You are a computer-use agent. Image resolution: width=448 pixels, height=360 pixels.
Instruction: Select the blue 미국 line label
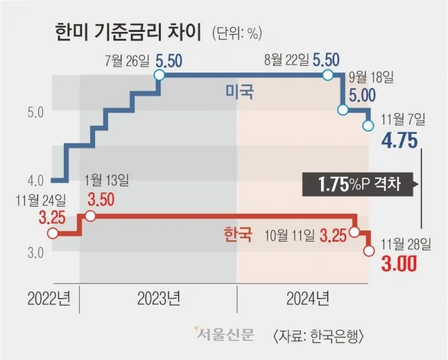pyautogui.click(x=239, y=93)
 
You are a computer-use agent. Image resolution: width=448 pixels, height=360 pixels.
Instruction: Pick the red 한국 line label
pyautogui.click(x=238, y=235)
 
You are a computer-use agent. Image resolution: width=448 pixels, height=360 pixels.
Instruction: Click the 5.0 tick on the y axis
pyautogui.click(x=34, y=113)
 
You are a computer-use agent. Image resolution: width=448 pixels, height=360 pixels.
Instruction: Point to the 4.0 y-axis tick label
pyautogui.click(x=34, y=181)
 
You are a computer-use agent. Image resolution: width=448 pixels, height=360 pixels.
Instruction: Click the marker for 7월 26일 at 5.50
pyautogui.click(x=159, y=75)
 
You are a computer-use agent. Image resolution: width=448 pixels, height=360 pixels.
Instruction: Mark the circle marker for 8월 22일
pyautogui.click(x=328, y=75)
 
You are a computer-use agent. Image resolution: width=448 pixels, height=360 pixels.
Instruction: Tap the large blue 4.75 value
pyautogui.click(x=400, y=141)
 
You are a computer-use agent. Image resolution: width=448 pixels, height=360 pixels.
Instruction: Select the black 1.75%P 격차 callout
pyautogui.click(x=359, y=184)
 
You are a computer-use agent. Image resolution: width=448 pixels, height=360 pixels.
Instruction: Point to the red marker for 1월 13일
pyautogui.click(x=90, y=216)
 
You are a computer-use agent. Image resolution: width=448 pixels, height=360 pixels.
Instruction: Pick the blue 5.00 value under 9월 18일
pyautogui.click(x=361, y=95)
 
